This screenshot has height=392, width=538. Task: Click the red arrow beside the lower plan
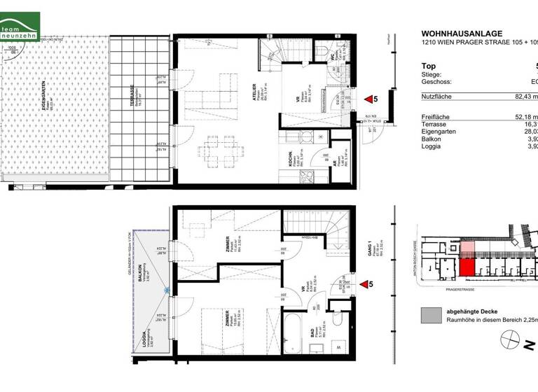[364, 285]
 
